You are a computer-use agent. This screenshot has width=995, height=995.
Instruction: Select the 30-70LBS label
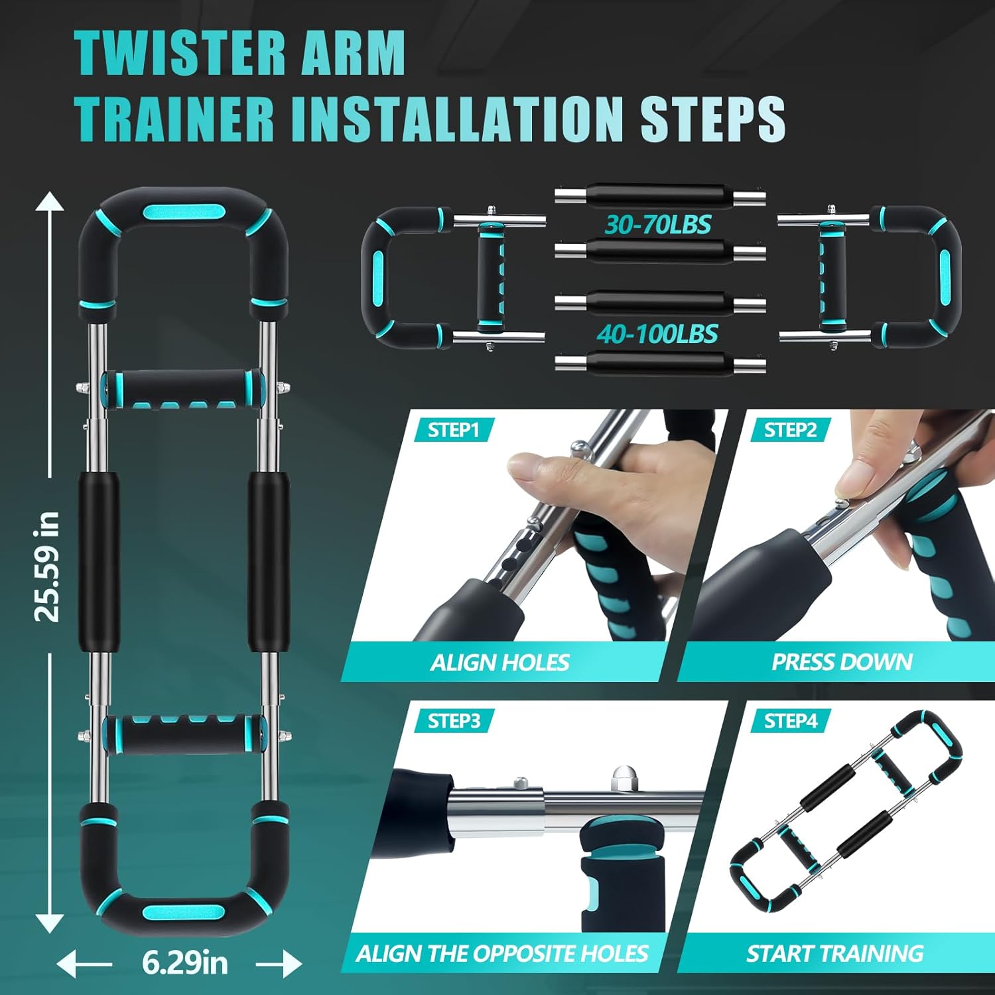658,225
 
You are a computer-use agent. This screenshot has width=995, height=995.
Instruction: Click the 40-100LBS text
657,334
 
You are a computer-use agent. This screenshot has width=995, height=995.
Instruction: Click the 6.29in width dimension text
184,962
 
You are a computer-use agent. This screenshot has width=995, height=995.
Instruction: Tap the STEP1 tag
454,431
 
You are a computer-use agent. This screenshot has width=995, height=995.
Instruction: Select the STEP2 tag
790,431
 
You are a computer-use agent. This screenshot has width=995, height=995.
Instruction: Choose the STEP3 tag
454,721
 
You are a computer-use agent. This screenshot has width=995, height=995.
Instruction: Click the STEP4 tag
791,721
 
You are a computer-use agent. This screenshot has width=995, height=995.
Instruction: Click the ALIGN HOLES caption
499,662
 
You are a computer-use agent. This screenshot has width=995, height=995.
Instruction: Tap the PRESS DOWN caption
842,661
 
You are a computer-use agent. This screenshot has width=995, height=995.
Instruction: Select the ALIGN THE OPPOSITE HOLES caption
501,953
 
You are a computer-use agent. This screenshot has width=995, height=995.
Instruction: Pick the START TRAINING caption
834,953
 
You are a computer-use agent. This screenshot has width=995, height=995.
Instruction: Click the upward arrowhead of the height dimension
49,201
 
